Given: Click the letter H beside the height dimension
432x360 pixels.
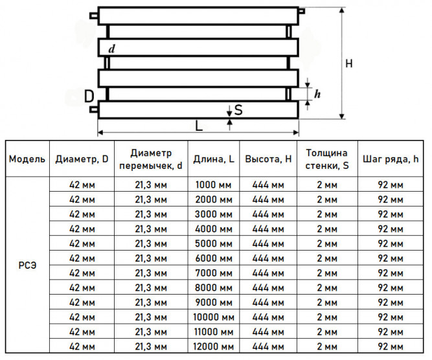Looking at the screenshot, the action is click(349, 63).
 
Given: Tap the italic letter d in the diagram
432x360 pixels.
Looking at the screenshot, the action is click(111, 49).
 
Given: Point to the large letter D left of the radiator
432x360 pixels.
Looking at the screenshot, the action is click(89, 96).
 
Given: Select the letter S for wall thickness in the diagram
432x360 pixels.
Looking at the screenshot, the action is click(238, 109).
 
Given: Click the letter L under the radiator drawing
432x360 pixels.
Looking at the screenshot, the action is click(199, 126).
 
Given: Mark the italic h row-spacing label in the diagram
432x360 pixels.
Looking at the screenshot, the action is click(317, 94).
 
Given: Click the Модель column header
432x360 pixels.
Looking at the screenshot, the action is click(27, 159).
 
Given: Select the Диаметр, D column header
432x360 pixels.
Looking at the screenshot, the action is click(82, 159).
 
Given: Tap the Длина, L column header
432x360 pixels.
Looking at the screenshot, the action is click(214, 159).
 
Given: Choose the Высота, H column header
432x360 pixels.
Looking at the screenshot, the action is click(268, 159).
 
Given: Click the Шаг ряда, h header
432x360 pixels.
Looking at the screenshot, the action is click(391, 159).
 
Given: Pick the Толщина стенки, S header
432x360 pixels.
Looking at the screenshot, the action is click(327, 159).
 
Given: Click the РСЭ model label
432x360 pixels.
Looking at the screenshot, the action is click(27, 265).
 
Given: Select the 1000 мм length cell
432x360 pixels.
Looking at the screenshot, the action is click(214, 185).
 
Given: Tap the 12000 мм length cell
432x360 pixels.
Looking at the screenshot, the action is click(214, 346).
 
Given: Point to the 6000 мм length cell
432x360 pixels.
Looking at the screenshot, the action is click(214, 258).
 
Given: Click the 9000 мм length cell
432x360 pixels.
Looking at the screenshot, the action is click(214, 302).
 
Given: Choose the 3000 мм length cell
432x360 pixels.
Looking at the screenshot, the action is click(214, 214).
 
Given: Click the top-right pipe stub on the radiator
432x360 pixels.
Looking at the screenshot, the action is click(302, 11).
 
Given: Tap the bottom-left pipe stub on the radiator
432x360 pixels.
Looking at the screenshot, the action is click(94, 109).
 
